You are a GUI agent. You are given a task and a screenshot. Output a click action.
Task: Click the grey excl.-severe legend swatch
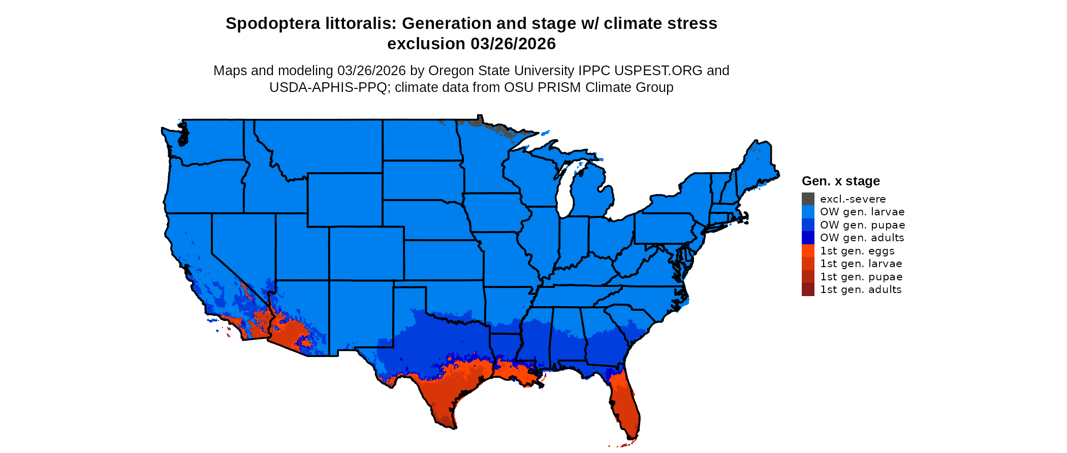click(808, 199)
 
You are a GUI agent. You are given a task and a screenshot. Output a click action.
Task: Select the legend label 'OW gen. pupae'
click(862, 225)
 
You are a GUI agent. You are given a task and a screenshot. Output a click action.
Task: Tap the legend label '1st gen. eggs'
click(857, 251)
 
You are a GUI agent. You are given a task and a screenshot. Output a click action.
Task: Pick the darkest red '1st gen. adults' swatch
click(808, 290)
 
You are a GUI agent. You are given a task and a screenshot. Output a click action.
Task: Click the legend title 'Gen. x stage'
click(840, 181)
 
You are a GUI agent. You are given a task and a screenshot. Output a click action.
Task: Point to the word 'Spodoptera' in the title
click(267, 23)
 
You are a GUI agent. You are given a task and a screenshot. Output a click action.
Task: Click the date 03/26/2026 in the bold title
click(513, 44)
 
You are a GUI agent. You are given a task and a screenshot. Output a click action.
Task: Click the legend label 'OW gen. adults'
click(862, 238)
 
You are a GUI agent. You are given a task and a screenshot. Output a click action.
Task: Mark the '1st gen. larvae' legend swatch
click(808, 264)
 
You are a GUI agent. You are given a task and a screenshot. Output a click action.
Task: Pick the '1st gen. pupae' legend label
click(861, 277)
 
